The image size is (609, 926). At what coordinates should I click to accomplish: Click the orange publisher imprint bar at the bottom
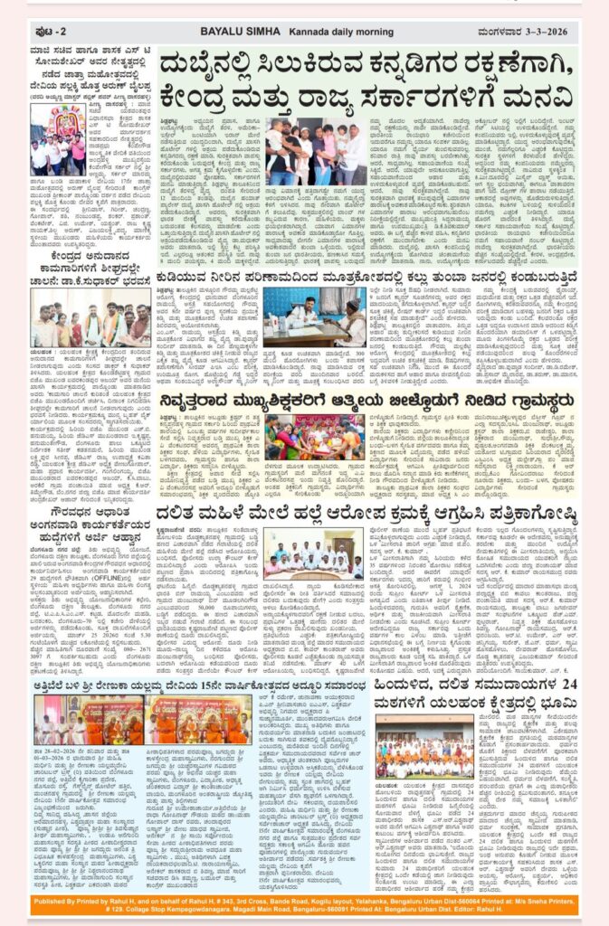(x=304, y=907)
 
